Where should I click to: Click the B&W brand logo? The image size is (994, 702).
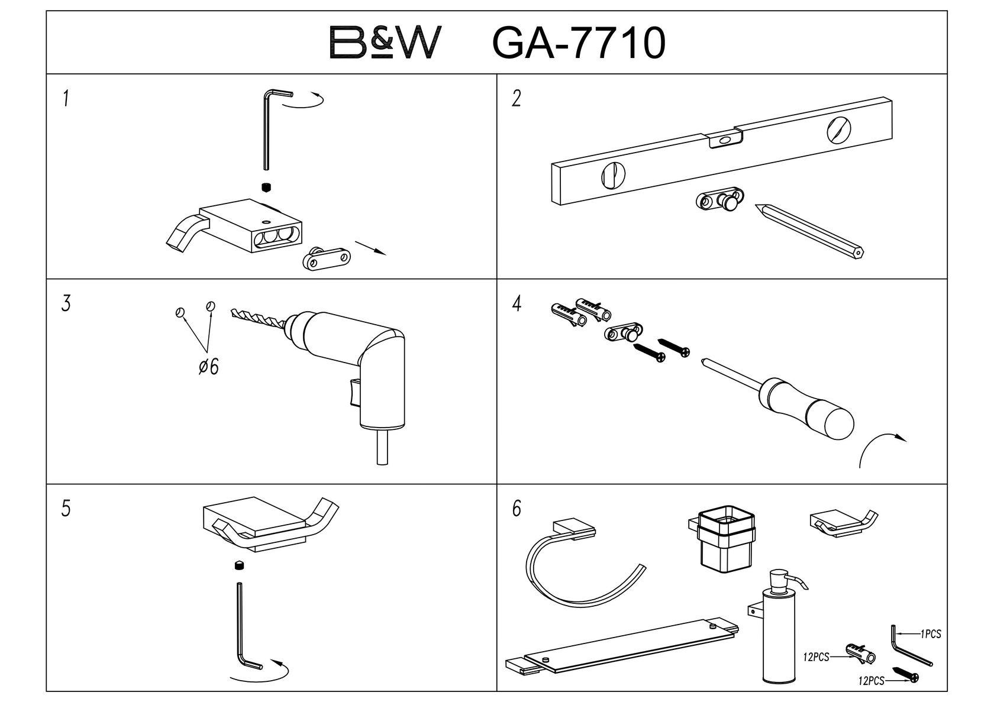click(x=385, y=43)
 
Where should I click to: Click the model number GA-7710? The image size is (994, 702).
click(x=579, y=43)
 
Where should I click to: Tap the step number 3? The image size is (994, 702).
click(x=66, y=304)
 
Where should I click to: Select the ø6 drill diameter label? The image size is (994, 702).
click(x=208, y=366)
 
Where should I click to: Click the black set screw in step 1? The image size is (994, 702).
click(x=266, y=187)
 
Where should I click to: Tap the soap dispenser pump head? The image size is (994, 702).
click(x=786, y=583)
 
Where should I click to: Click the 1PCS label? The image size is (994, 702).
click(x=931, y=635)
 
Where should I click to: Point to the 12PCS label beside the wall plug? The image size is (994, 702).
click(x=816, y=657)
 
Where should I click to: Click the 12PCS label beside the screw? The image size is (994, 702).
click(x=872, y=681)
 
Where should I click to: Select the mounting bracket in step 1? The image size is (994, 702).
click(x=327, y=258)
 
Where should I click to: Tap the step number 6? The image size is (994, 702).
click(x=517, y=509)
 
